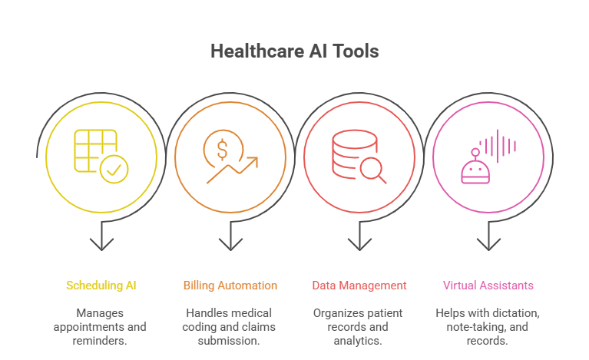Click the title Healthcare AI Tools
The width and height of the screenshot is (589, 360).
click(x=294, y=51)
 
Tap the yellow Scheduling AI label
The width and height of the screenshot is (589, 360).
click(x=101, y=286)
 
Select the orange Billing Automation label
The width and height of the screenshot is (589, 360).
click(x=230, y=286)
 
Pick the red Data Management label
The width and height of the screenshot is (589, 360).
click(x=359, y=286)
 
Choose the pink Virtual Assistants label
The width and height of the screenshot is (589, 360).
click(x=488, y=286)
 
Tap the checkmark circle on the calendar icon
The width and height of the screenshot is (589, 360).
click(x=114, y=170)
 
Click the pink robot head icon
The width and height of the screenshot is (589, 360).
click(x=475, y=170)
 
